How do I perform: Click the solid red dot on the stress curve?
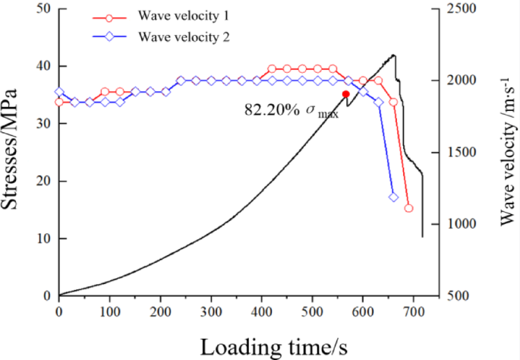tap(346, 94)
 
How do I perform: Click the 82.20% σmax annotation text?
tap(291, 110)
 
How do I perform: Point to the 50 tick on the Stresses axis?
tap(42, 9)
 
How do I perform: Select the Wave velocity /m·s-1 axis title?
tap(506, 152)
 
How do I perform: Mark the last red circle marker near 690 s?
tap(408, 208)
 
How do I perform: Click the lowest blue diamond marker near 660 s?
tap(393, 197)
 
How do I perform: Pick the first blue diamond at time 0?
tap(59, 92)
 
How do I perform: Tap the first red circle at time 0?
tap(59, 102)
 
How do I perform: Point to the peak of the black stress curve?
tap(392, 55)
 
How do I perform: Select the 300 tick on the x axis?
tap(211, 308)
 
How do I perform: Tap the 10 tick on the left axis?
tap(42, 238)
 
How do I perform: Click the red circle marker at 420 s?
tap(272, 69)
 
